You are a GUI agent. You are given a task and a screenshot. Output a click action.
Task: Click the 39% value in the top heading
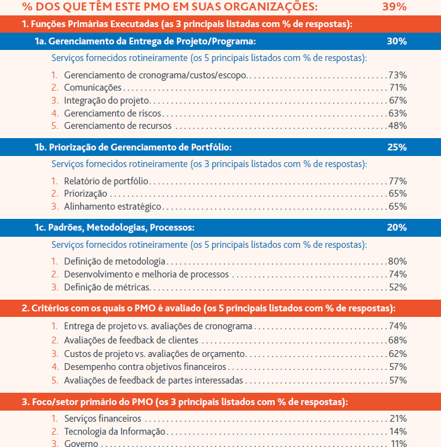click(394, 6)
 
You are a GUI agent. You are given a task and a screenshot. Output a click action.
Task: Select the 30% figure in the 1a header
click(397, 41)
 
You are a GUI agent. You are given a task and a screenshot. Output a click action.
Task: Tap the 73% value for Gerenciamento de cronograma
click(397, 75)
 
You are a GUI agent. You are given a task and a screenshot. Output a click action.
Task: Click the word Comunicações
click(93, 88)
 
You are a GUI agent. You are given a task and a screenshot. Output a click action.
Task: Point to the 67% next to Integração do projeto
click(398, 100)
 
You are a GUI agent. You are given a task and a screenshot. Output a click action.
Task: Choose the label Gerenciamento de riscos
click(113, 113)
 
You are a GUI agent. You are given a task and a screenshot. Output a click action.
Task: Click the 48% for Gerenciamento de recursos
click(397, 126)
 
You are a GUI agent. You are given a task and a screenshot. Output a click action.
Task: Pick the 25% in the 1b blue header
click(397, 147)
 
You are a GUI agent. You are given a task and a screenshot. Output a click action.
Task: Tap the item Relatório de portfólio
click(106, 181)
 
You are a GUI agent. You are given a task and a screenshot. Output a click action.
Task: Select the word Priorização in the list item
click(86, 194)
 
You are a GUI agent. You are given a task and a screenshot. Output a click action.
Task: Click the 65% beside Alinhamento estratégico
click(398, 207)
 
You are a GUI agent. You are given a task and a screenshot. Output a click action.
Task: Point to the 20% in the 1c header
click(397, 228)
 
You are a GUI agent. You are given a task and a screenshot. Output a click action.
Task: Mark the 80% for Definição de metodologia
click(397, 261)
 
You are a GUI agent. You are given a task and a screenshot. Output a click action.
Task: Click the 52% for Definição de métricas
click(398, 287)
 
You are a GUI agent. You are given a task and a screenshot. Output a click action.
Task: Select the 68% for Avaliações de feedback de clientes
click(397, 340)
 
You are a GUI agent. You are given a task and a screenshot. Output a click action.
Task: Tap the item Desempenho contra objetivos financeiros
click(145, 367)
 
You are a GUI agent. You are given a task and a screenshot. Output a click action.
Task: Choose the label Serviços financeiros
click(102, 419)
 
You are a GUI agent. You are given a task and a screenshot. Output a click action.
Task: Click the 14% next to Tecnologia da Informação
click(398, 432)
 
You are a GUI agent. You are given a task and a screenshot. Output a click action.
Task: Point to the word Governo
click(81, 443)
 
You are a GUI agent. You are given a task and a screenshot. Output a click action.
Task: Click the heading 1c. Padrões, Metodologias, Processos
click(115, 228)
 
